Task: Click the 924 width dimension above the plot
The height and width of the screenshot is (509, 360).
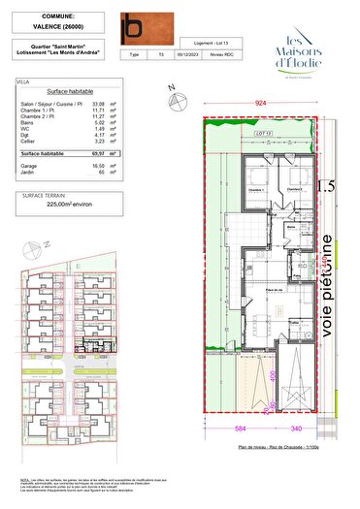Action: tap(260, 101)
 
